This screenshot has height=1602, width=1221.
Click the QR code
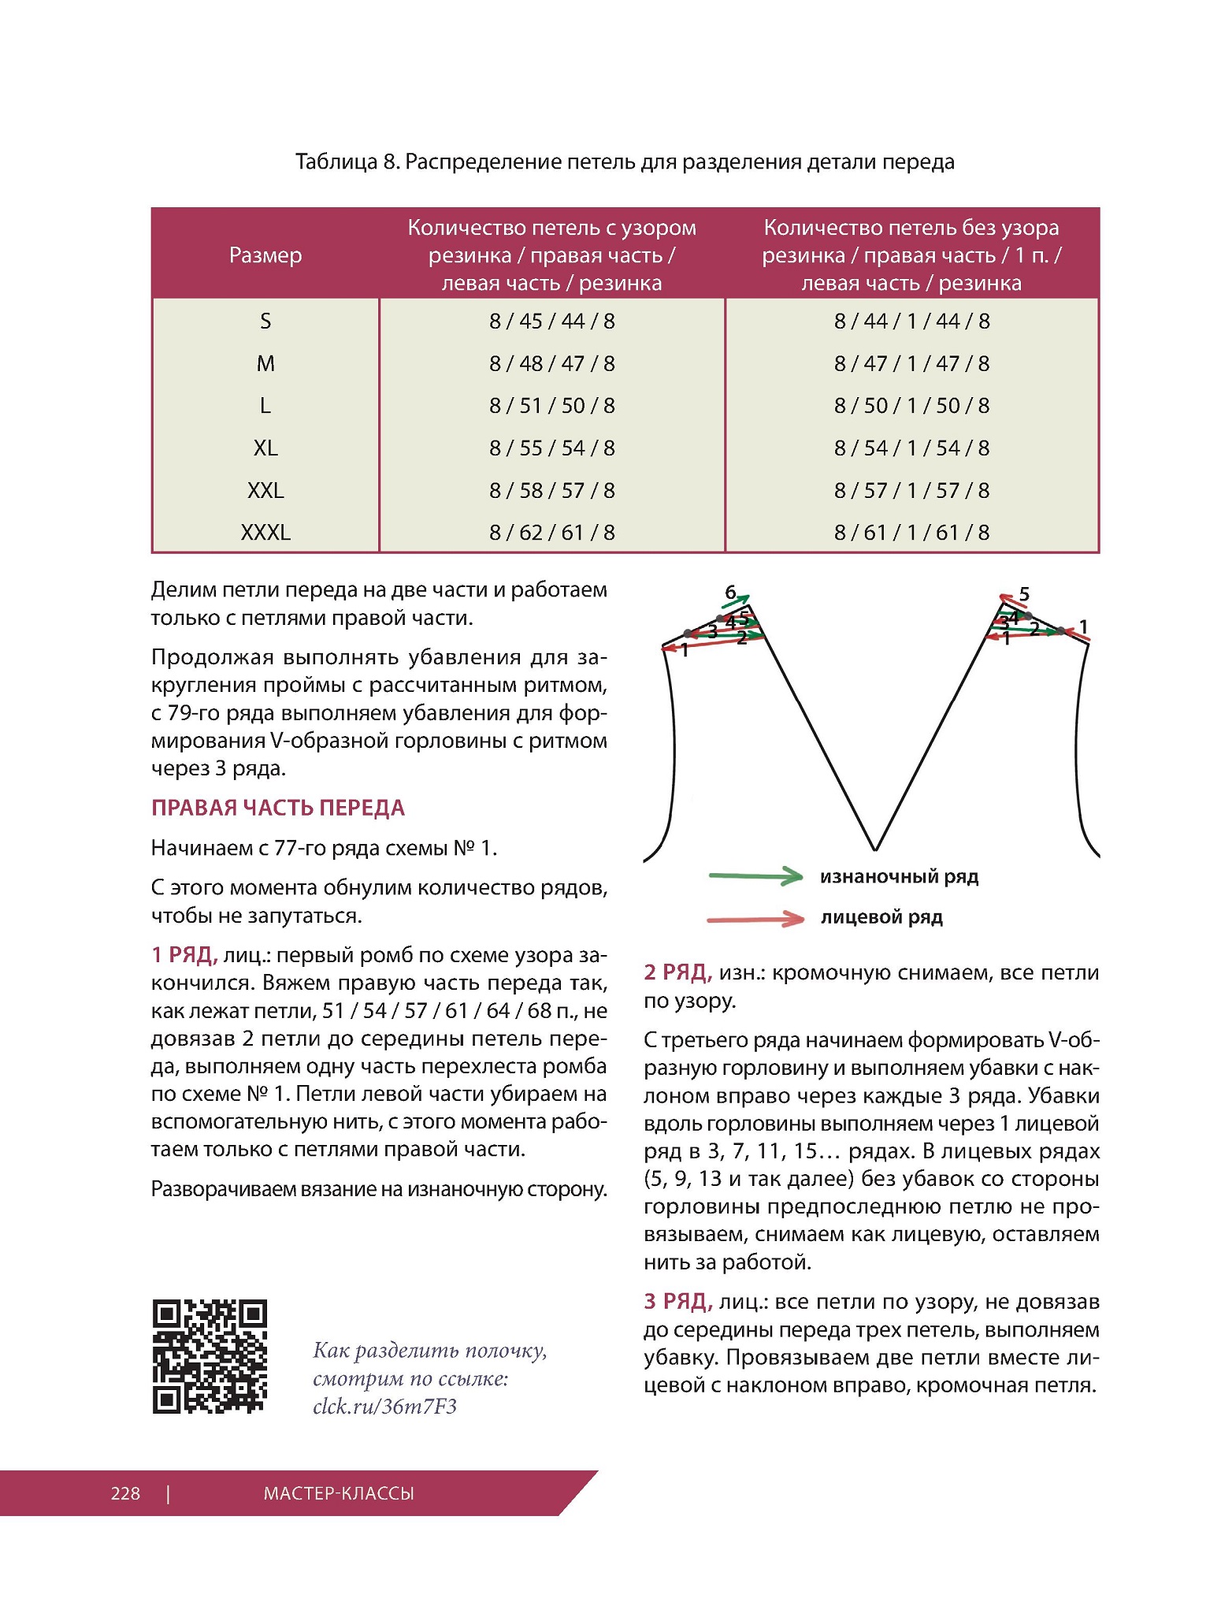click(210, 1355)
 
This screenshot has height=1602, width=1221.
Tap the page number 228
click(125, 1493)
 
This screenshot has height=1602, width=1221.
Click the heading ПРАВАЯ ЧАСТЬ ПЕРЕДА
click(277, 808)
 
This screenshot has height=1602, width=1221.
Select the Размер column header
click(265, 255)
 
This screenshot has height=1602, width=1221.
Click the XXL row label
click(265, 490)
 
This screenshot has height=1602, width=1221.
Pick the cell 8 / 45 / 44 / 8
click(551, 322)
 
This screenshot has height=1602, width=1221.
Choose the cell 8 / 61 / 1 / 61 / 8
click(911, 533)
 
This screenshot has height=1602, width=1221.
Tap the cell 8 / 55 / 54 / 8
click(551, 448)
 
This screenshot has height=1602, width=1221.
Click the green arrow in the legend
click(755, 875)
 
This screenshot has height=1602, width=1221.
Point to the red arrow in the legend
click(755, 918)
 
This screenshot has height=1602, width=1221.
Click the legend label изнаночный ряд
click(899, 876)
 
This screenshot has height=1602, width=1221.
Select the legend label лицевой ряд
click(881, 917)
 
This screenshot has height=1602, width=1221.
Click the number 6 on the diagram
click(730, 592)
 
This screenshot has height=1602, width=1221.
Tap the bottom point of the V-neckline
click(874, 849)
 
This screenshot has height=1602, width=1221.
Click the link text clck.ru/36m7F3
click(384, 1407)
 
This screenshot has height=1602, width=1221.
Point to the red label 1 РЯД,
click(184, 955)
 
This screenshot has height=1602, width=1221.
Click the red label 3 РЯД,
click(677, 1302)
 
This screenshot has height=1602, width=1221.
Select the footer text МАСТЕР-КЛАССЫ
click(339, 1493)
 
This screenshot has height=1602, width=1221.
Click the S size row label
click(265, 322)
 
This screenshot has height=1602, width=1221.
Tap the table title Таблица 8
click(347, 162)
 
